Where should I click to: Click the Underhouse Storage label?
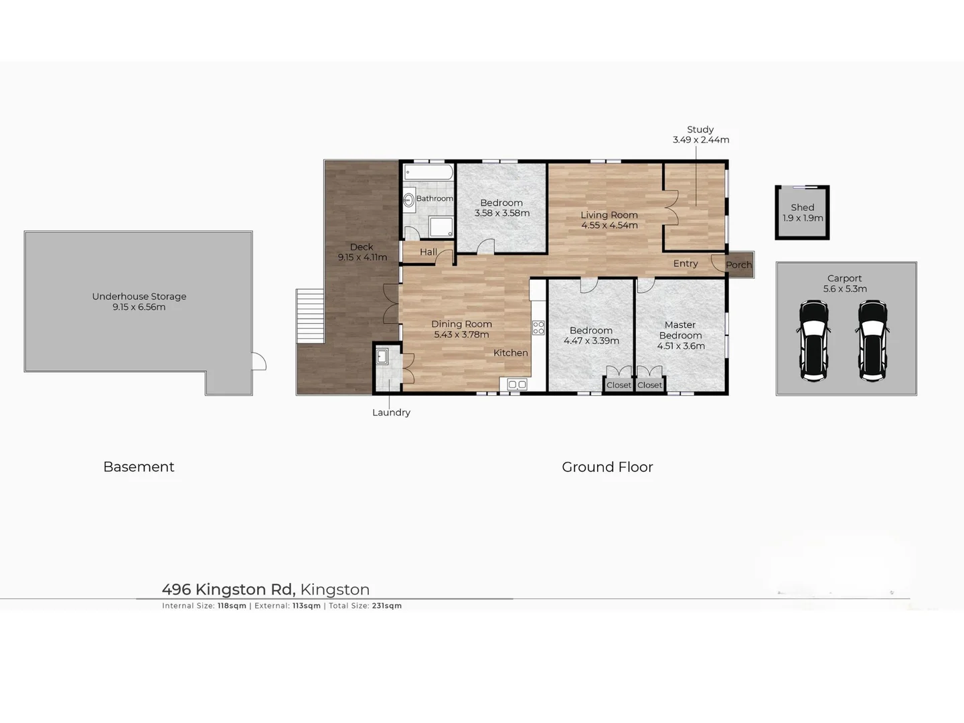(139, 297)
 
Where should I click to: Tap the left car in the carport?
(814, 340)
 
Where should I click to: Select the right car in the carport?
(873, 340)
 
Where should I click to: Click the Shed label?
(803, 208)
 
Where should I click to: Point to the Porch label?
(739, 265)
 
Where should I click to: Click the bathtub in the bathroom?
(428, 173)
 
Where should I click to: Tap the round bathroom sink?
(408, 199)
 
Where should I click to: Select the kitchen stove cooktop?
(538, 327)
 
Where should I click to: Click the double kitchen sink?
(517, 384)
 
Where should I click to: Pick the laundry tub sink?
(382, 356)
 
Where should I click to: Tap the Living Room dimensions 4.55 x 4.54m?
(609, 226)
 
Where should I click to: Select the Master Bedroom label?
(680, 330)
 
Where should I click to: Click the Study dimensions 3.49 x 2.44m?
(701, 140)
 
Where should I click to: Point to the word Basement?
(139, 467)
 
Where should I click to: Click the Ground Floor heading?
(607, 467)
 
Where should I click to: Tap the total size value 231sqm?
(387, 606)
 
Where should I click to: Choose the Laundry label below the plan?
(391, 412)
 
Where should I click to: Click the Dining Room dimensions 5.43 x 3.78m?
(461, 335)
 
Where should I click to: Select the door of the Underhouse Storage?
(259, 361)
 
